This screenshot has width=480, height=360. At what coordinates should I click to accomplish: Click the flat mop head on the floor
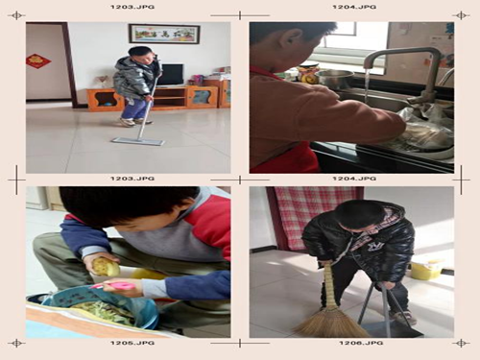(x=138, y=141)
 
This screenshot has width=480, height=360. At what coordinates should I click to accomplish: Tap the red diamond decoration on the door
(x=38, y=60)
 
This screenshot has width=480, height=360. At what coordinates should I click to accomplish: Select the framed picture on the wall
(x=164, y=34)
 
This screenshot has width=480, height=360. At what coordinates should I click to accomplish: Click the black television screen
(x=172, y=74)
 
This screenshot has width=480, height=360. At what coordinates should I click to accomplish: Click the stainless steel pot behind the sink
(x=335, y=79)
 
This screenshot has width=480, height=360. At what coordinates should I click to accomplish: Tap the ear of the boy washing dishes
(x=291, y=40)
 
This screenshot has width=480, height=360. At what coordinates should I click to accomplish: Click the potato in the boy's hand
(x=106, y=267)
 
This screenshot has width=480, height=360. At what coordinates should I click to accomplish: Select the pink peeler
(x=116, y=285)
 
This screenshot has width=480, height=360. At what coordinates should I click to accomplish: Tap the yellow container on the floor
(x=426, y=270)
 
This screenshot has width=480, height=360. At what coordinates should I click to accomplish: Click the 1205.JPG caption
(x=132, y=343)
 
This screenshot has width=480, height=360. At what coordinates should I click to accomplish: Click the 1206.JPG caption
(x=361, y=343)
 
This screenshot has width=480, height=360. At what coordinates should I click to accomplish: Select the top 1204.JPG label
(x=354, y=7)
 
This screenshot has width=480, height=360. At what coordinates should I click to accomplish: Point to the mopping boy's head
(x=141, y=55)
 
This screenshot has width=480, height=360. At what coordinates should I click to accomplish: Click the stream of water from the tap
(x=367, y=85)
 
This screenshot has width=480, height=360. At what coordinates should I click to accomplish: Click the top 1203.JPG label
(x=132, y=7)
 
